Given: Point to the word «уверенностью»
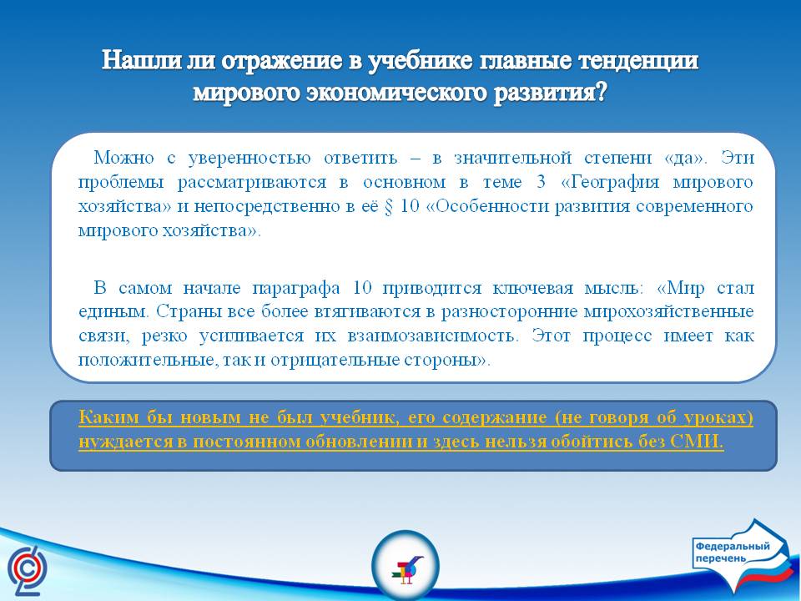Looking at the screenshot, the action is pos(249,158).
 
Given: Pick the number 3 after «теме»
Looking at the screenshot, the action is pos(541,182).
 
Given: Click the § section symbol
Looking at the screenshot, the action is pos(389,206).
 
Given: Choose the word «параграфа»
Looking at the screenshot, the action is pos(295,288).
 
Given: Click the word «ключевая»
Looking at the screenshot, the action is pos(533,288).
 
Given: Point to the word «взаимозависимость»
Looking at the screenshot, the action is pos(433,336).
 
